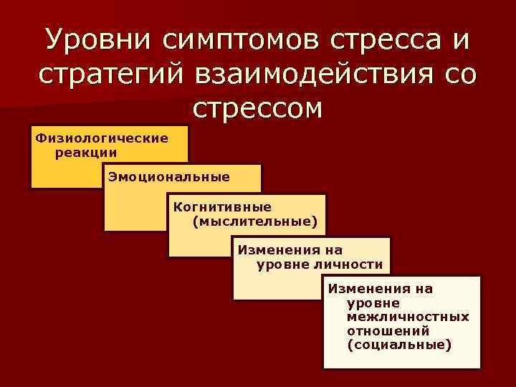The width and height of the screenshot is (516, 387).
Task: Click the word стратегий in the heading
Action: (116, 74)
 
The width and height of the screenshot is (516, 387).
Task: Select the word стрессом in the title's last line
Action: (258, 108)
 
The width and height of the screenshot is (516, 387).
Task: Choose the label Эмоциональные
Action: (169, 177)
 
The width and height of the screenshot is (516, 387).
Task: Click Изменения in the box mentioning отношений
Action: (380, 289)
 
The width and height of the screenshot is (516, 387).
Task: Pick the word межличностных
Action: (408, 316)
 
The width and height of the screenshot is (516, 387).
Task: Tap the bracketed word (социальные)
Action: (399, 345)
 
